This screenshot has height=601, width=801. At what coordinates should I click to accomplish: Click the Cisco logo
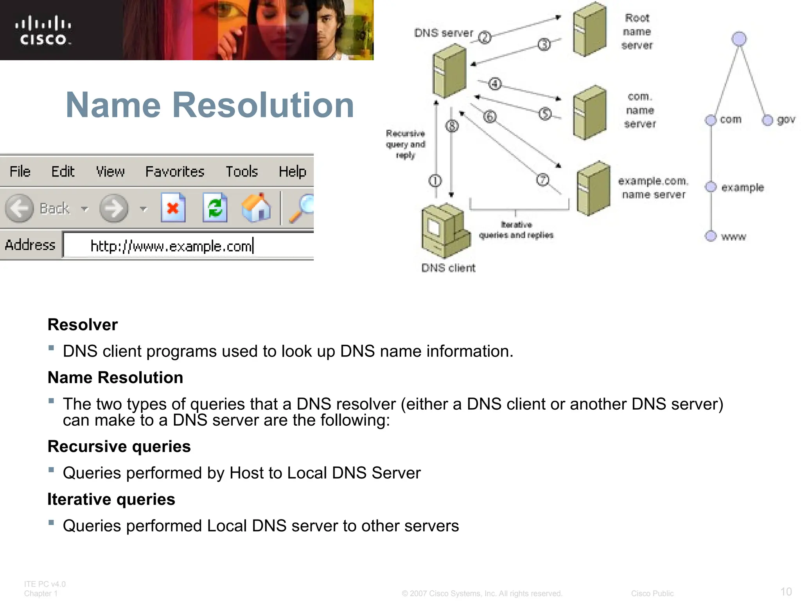point(43,31)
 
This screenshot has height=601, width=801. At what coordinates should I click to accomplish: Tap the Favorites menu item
point(175,172)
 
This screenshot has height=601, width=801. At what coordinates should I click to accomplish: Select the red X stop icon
point(173,208)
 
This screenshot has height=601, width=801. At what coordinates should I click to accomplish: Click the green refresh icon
point(215,208)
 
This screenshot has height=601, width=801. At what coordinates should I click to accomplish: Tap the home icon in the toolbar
point(256,208)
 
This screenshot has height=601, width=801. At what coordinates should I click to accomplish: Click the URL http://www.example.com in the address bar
point(171,246)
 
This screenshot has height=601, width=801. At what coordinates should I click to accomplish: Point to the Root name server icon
point(589,29)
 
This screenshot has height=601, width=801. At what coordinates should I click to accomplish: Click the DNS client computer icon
point(445,231)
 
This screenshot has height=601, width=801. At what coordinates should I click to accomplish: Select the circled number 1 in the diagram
point(435,181)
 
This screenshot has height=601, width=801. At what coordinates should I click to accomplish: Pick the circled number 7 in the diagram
point(542,180)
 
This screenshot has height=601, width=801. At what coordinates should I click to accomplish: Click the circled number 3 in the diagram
point(544,45)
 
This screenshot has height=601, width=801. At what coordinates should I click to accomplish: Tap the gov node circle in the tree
point(767,120)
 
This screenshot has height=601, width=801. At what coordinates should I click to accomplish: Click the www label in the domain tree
point(733,237)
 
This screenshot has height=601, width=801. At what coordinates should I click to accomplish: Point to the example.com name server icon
point(593,189)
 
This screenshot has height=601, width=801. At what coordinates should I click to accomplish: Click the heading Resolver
point(83,325)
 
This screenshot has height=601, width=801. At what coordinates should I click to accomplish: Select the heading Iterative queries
point(111,499)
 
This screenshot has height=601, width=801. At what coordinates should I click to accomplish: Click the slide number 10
point(786,591)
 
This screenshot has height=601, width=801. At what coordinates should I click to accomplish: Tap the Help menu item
point(292,172)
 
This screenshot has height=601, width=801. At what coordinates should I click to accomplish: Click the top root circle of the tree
point(739,39)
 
